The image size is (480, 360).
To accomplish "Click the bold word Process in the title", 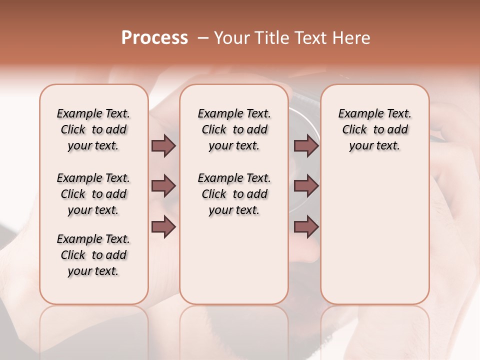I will [154, 38].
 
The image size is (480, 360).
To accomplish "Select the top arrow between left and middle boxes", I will [163, 145].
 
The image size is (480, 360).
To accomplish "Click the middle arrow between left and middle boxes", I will [163, 186].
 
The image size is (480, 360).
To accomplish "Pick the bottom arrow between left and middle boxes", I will [163, 227].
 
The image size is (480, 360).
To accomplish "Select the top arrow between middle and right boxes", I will [306, 145].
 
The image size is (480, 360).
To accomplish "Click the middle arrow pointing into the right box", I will [306, 186].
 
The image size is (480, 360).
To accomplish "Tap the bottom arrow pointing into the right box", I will [306, 227].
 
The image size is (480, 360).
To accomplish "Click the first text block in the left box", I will [93, 129].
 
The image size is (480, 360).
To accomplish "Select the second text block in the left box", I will [93, 194].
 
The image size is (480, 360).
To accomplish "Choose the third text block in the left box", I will [93, 255].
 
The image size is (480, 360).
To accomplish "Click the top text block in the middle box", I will [234, 129].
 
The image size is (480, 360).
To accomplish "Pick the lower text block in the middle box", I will [234, 194].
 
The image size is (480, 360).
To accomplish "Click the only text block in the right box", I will [374, 129].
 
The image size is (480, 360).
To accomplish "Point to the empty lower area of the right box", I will [374, 235].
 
